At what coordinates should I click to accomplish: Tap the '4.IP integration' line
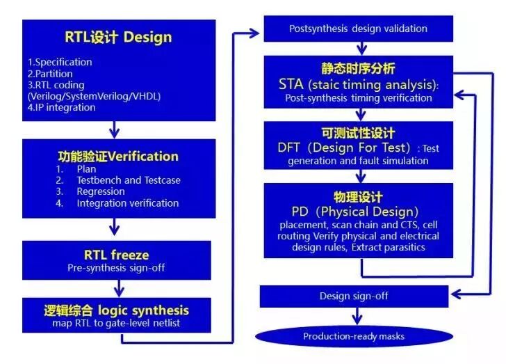click(x=61, y=107)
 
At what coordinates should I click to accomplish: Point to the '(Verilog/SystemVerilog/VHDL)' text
click(x=89, y=96)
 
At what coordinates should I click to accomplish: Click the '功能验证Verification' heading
click(x=117, y=156)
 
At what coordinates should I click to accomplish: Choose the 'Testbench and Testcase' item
click(x=129, y=180)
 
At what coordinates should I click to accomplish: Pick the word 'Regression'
click(x=101, y=191)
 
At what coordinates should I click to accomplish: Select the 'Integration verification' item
click(x=128, y=203)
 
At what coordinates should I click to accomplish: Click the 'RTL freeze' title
click(x=117, y=255)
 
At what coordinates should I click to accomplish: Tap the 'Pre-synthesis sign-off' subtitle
click(x=117, y=267)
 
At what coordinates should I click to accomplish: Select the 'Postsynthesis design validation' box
click(x=358, y=29)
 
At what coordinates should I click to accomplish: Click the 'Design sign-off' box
click(x=354, y=296)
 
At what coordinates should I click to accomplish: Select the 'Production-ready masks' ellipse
click(x=354, y=336)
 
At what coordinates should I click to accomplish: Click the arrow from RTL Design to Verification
click(x=115, y=129)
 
